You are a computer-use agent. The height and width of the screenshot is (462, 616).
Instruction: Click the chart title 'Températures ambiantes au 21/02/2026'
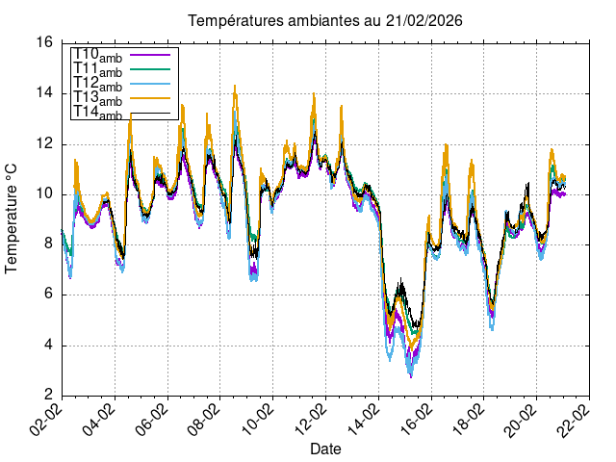[x=312, y=20]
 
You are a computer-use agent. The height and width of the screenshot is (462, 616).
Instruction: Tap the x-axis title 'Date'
[x=325, y=449]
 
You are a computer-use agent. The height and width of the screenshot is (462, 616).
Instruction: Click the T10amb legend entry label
[x=97, y=55]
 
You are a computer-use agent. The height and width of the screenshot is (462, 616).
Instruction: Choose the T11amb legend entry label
[x=97, y=70]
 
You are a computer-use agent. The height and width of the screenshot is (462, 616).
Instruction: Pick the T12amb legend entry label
[x=97, y=86]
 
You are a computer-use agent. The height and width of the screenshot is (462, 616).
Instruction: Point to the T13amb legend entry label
[x=97, y=99]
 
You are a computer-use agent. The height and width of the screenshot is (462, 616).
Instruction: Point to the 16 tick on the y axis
[x=44, y=43]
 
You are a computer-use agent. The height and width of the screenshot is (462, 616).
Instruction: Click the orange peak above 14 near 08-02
[x=235, y=87]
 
